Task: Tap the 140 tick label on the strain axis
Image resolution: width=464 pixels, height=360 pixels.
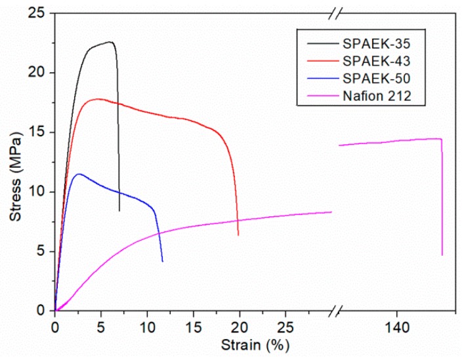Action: pyautogui.click(x=396, y=326)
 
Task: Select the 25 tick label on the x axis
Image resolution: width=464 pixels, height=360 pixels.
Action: pyautogui.click(x=285, y=326)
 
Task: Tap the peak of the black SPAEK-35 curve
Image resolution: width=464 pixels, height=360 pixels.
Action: pyautogui.click(x=111, y=42)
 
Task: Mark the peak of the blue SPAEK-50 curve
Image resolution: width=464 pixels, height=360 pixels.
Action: pyautogui.click(x=79, y=174)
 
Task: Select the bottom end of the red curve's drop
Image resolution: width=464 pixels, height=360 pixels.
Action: pyautogui.click(x=238, y=235)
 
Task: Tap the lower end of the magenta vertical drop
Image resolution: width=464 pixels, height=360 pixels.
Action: pyautogui.click(x=442, y=254)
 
